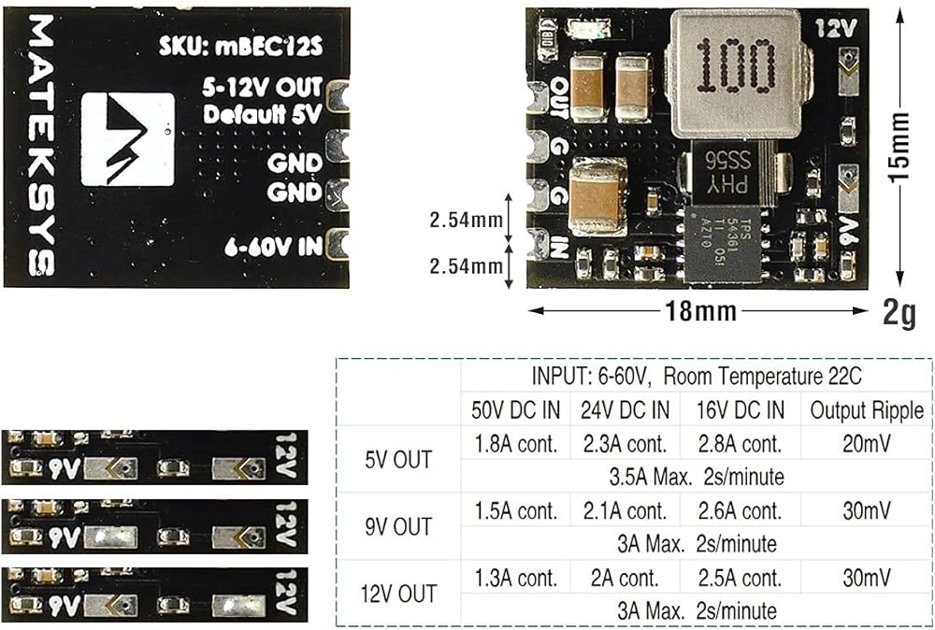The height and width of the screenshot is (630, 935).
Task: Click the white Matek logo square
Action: pos(131,139)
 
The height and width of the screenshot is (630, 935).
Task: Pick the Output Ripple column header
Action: pos(866,409)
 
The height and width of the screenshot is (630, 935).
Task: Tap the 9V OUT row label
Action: pos(398,526)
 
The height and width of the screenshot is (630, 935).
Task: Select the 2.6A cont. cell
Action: pos(738,511)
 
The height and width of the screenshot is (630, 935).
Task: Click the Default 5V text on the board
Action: pos(263,115)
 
